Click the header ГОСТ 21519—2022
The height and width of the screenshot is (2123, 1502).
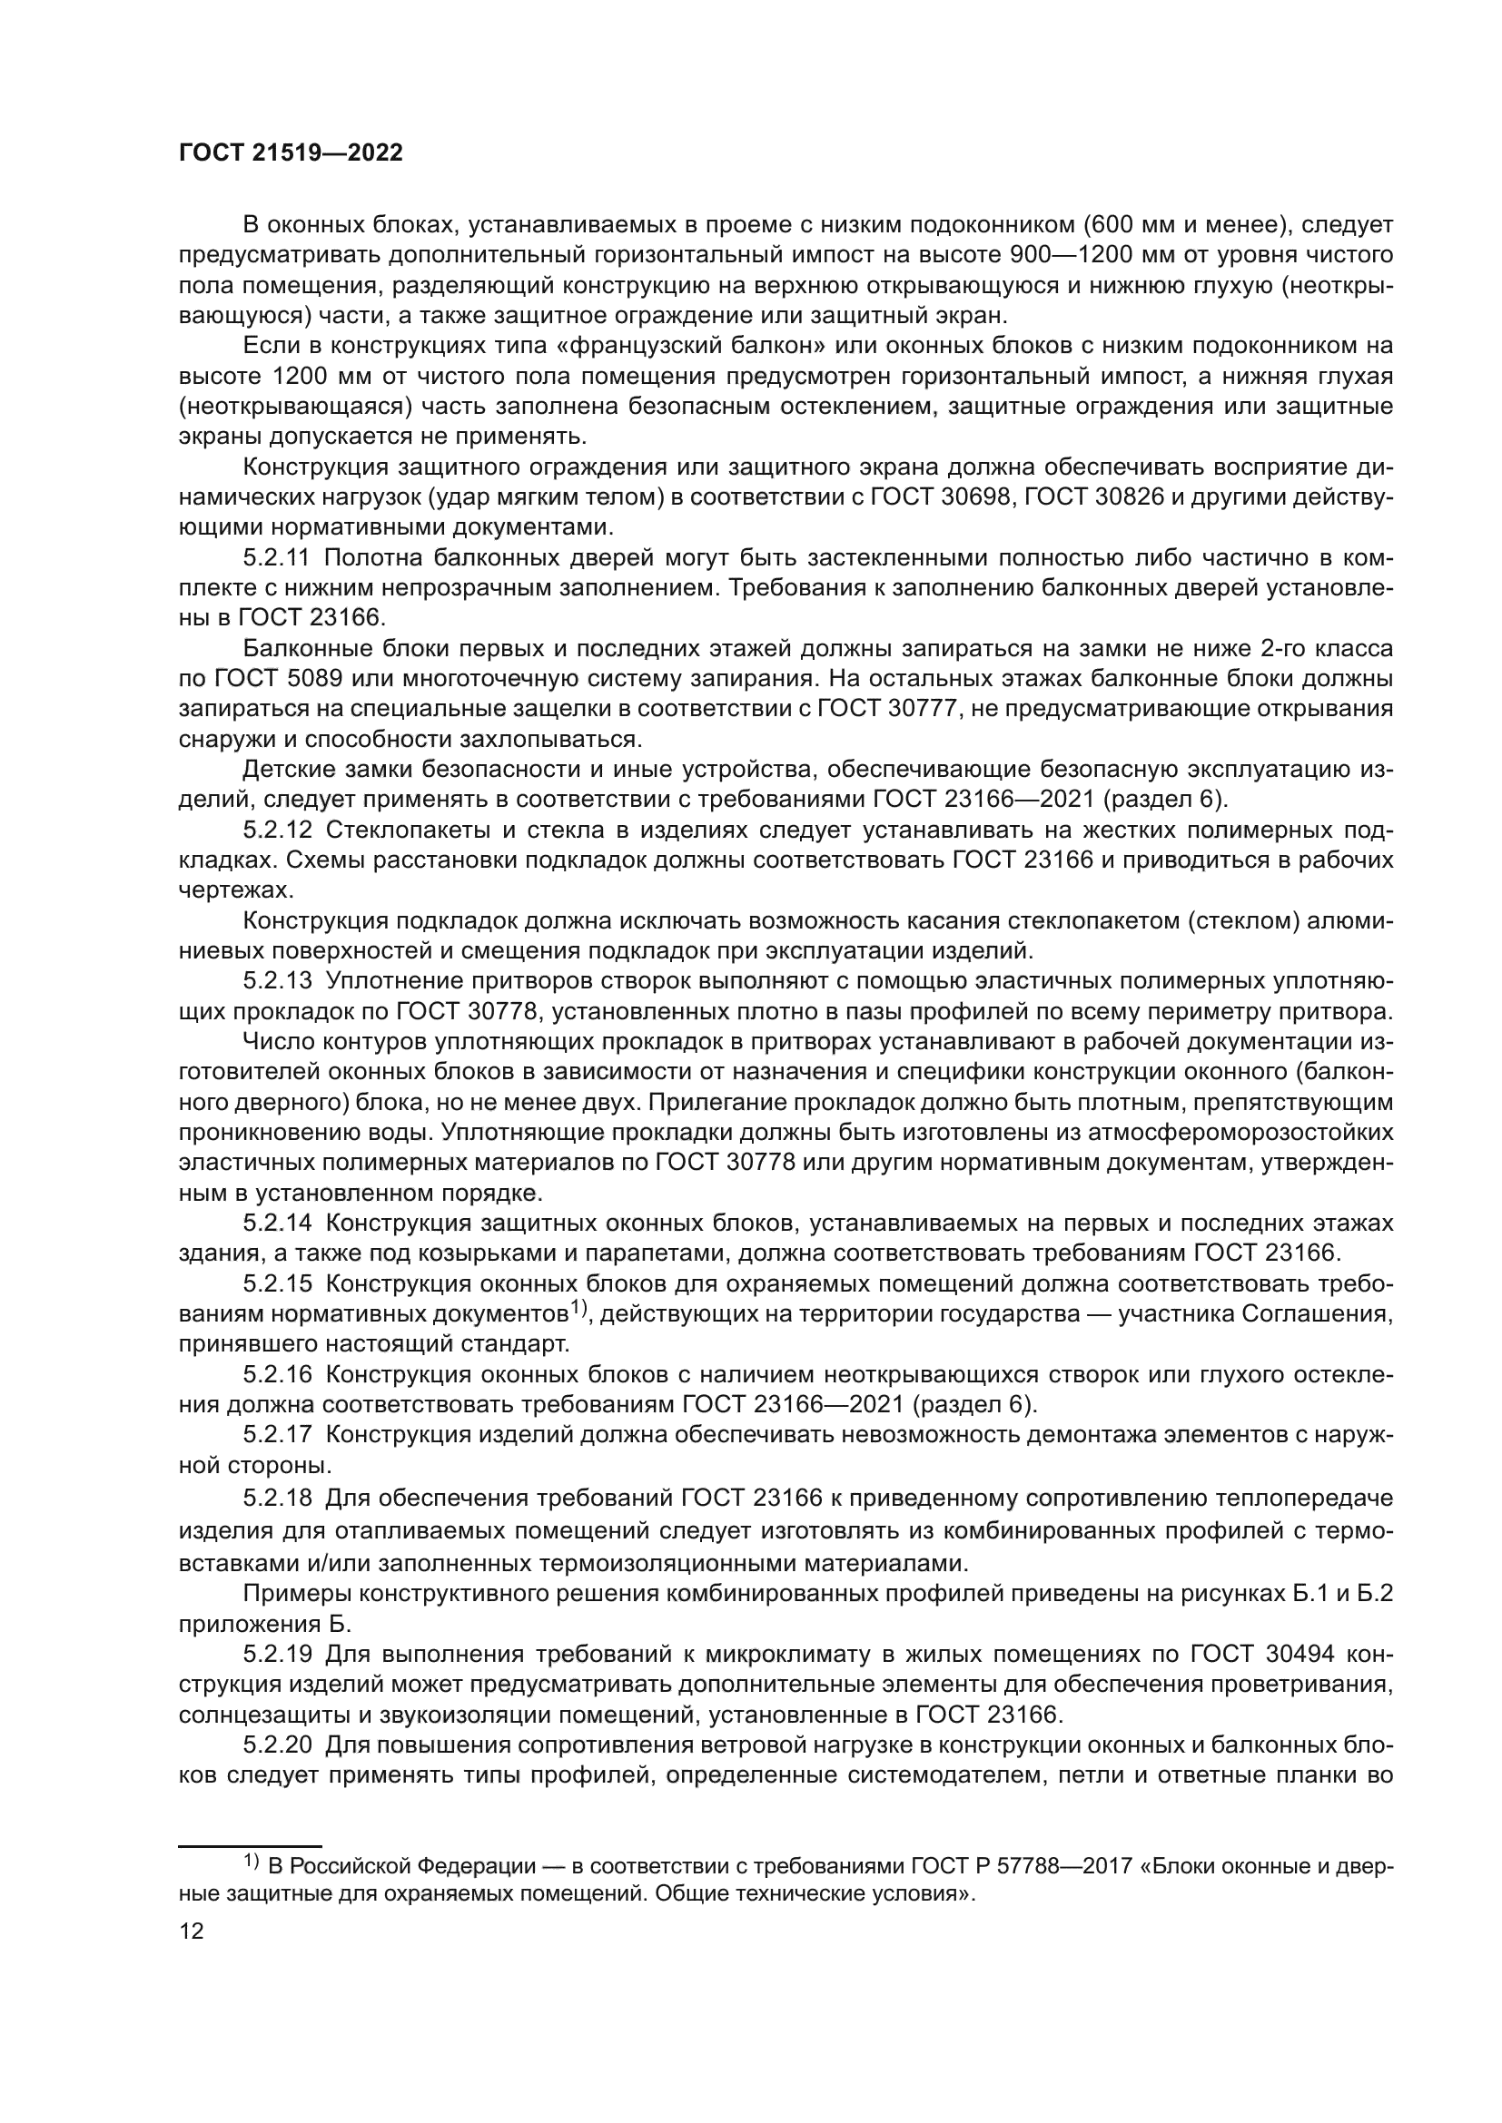pyautogui.click(x=291, y=153)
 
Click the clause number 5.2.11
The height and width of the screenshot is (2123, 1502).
pyautogui.click(x=278, y=557)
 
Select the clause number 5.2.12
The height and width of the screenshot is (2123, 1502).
pyautogui.click(x=278, y=831)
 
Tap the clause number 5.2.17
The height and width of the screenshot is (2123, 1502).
pyautogui.click(x=278, y=1435)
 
